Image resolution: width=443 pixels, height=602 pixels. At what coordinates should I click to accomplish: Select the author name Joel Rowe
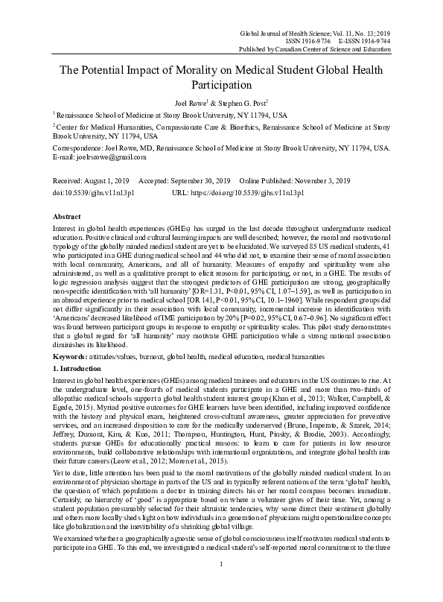point(190,103)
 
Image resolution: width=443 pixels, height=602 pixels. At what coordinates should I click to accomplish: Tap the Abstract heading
point(66,215)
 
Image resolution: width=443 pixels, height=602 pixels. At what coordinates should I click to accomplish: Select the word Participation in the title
point(220,85)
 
